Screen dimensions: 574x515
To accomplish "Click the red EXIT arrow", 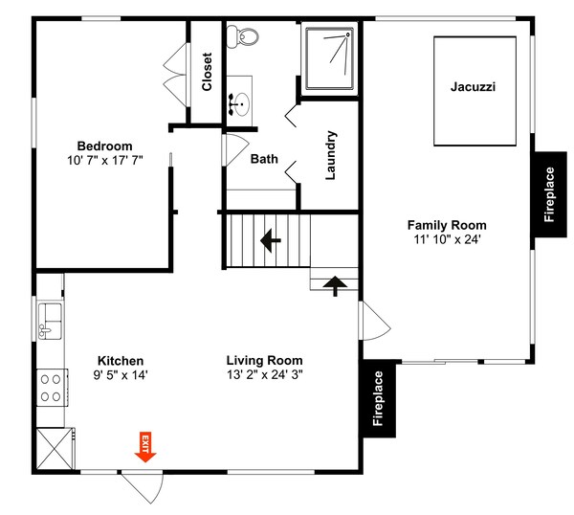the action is (x=145, y=447).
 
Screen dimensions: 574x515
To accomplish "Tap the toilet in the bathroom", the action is (x=242, y=36).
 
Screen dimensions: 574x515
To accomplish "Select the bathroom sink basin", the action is (x=241, y=104).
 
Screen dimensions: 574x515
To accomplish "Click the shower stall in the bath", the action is (x=329, y=58).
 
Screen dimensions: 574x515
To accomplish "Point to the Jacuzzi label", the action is (x=473, y=87).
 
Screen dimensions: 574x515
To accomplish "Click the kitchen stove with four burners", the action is (x=52, y=388).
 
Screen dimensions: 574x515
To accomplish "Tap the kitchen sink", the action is (x=50, y=322).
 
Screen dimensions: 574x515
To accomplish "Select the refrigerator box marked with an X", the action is (x=55, y=448).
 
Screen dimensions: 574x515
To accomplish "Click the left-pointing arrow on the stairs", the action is (x=271, y=240).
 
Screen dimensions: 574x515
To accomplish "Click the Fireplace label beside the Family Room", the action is (x=549, y=194).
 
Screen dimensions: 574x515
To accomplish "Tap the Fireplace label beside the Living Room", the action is (x=378, y=398).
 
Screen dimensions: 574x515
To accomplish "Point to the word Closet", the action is (x=207, y=72).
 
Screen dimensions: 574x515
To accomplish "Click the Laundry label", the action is (x=331, y=155).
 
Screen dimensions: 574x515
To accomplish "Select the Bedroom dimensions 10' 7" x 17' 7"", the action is (x=104, y=161).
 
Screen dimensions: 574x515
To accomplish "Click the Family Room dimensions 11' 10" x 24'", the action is (x=447, y=239).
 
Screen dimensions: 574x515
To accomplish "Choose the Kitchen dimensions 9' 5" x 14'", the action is (x=121, y=375).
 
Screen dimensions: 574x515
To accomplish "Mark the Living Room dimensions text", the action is (x=265, y=374).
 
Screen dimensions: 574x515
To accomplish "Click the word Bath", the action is (x=264, y=159).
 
